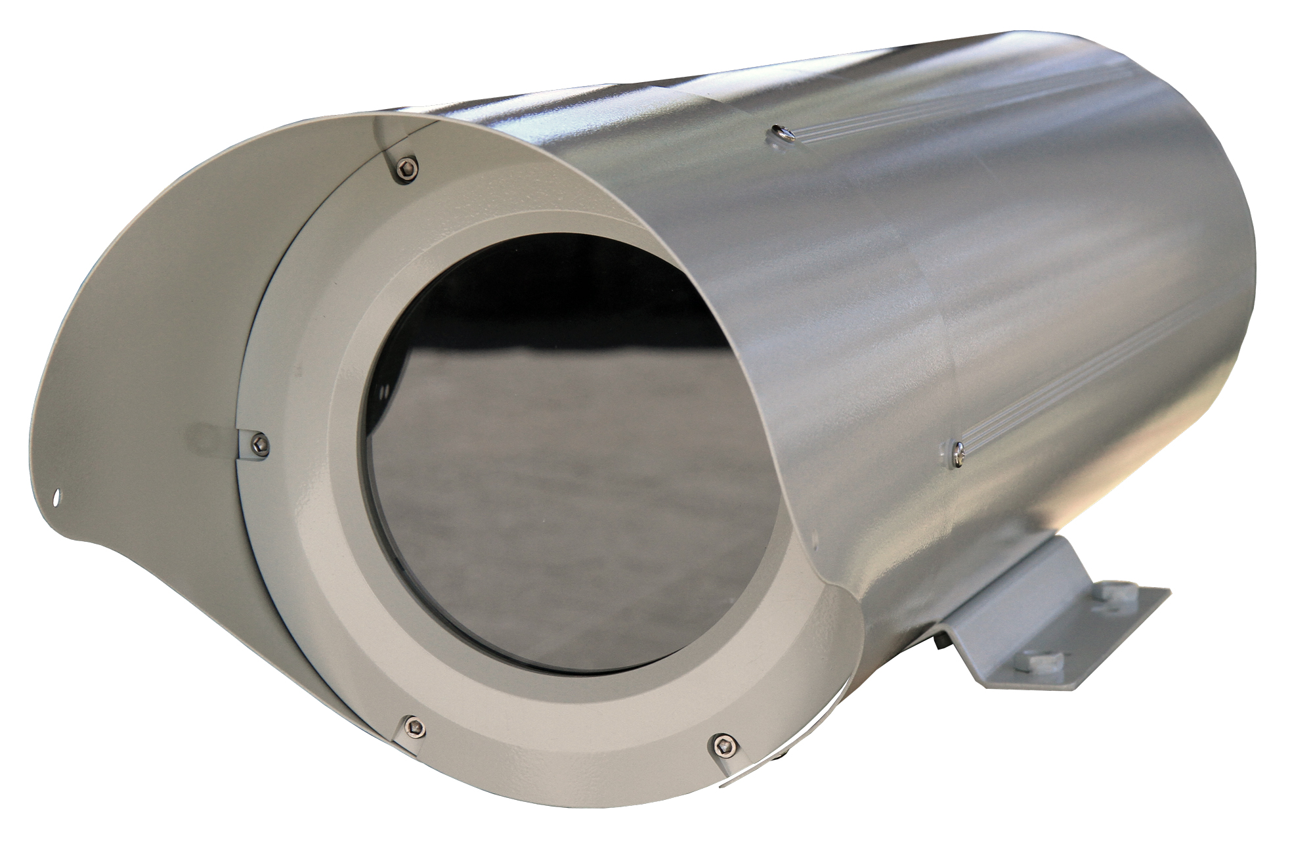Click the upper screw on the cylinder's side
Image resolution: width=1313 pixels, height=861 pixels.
point(780,134)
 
